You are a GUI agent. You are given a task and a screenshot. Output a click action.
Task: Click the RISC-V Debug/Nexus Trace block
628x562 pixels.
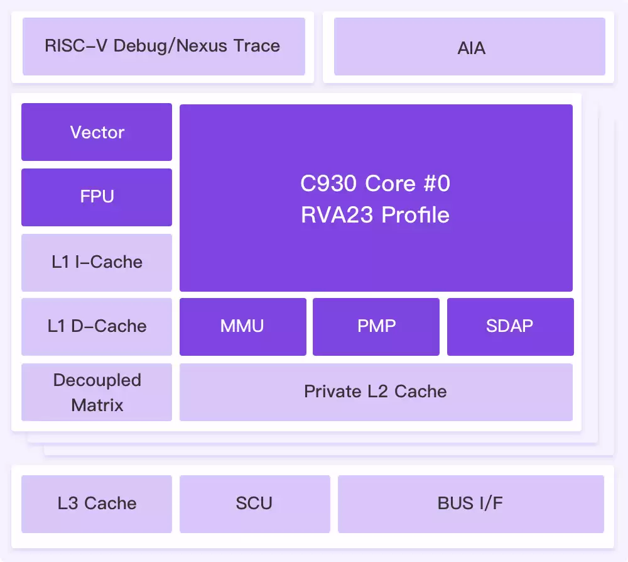(x=163, y=47)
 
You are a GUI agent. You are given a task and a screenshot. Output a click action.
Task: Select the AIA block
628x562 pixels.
(x=470, y=48)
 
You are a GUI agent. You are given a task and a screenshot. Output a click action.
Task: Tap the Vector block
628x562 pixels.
(x=97, y=132)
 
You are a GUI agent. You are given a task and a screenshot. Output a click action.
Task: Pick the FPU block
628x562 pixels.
(x=97, y=197)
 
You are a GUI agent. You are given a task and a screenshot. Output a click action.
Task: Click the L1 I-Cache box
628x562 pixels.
(x=97, y=262)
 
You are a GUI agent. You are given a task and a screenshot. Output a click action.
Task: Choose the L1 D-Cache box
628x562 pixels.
(x=97, y=326)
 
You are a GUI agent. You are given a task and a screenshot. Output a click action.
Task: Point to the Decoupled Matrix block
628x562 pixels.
(x=97, y=392)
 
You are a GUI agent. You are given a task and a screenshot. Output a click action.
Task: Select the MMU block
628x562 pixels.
(x=242, y=326)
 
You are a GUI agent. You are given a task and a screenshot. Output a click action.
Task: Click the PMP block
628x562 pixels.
(x=376, y=326)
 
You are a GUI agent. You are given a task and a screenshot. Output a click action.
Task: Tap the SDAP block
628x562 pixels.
(x=510, y=326)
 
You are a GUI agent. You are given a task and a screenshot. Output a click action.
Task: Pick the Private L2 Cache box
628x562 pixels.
(x=376, y=392)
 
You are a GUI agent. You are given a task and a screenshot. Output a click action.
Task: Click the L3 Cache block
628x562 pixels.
(x=97, y=504)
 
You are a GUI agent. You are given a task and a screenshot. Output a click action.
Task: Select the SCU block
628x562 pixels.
(x=254, y=504)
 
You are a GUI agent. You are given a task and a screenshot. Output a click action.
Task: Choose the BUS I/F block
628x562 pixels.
(x=470, y=504)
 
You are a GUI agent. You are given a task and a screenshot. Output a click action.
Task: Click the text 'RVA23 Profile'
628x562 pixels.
(x=376, y=216)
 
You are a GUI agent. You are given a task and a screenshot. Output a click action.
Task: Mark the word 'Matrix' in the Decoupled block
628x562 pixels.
(x=97, y=405)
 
